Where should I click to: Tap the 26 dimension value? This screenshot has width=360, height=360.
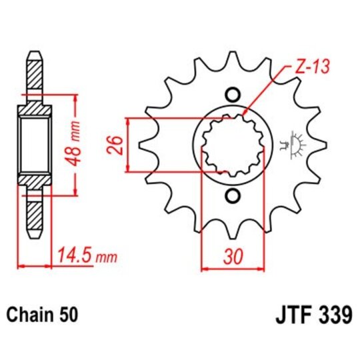coord(114,144)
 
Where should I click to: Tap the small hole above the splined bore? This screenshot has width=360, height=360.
coord(233,93)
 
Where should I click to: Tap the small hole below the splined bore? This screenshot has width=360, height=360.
coord(233,195)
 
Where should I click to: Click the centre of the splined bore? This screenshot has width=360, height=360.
coord(233,144)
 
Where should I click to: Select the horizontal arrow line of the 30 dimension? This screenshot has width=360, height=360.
coord(233,269)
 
